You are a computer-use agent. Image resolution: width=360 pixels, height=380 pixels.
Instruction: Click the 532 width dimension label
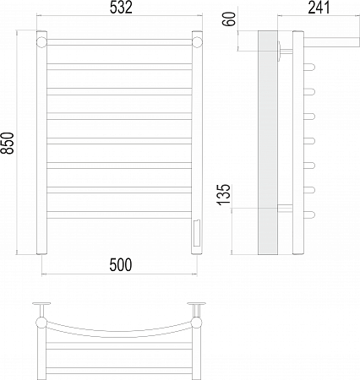point(121,8)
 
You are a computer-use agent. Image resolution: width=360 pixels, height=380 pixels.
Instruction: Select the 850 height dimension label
point(8,143)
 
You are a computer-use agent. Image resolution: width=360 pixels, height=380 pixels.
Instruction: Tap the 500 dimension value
point(121,265)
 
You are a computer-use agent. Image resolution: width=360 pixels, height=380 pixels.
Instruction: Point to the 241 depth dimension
point(319,8)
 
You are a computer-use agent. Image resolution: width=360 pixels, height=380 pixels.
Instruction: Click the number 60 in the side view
point(230,19)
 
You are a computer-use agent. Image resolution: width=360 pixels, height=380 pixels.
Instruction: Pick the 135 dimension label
point(224,194)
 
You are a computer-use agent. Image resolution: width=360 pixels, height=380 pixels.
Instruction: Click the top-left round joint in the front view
point(41,42)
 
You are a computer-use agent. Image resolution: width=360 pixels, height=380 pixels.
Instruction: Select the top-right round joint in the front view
point(197,42)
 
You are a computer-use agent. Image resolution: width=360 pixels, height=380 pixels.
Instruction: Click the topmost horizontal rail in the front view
point(119,42)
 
